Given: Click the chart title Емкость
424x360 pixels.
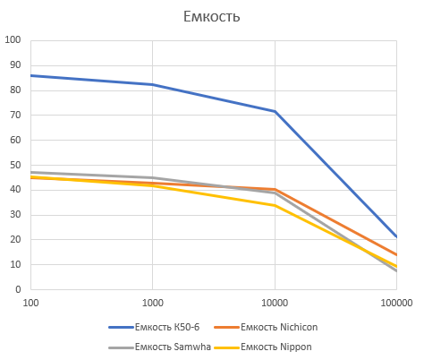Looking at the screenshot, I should click(211, 16).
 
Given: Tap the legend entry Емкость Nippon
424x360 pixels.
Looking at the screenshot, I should click(272, 346).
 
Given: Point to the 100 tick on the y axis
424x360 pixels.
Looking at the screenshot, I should click(13, 40).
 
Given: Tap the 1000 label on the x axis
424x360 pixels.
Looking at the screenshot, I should click(153, 304).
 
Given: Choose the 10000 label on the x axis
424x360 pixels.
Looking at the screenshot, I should click(275, 304).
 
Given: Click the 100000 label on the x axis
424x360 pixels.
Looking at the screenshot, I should click(396, 304).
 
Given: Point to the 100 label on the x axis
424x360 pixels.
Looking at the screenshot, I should click(30, 304).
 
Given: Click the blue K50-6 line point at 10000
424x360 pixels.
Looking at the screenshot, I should click(275, 111).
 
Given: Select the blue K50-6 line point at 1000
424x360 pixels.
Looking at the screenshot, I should click(153, 84).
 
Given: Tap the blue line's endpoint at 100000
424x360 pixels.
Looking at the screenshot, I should click(396, 236).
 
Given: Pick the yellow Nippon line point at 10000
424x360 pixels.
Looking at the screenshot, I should click(275, 205).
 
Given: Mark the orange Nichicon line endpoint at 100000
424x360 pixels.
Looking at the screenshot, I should click(396, 255).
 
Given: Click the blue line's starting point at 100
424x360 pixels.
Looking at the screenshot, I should click(30, 75).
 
